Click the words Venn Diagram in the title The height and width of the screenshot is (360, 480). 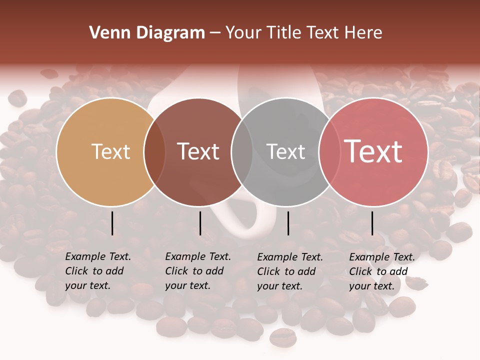pyautogui.click(x=147, y=33)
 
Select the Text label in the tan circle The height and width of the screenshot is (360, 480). pyautogui.click(x=110, y=151)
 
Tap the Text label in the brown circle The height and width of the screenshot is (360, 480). pyautogui.click(x=198, y=151)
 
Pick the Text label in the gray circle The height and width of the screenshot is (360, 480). pyautogui.click(x=285, y=151)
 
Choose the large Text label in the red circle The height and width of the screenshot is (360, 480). pyautogui.click(x=373, y=151)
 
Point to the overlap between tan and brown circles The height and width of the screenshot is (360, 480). pyautogui.click(x=154, y=151)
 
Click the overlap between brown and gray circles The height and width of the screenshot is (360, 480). pyautogui.click(x=242, y=151)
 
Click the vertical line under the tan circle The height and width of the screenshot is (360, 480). pyautogui.click(x=112, y=223)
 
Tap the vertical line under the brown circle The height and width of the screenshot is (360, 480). pyautogui.click(x=200, y=223)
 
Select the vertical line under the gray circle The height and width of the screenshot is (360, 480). pyautogui.click(x=288, y=223)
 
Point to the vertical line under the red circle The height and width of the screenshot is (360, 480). pyautogui.click(x=372, y=223)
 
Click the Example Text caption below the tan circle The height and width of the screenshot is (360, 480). pyautogui.click(x=97, y=271)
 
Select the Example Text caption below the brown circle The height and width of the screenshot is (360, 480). pyautogui.click(x=197, y=271)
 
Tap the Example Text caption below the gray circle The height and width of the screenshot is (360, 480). pyautogui.click(x=289, y=271)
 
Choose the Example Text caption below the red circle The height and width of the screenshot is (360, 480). pyautogui.click(x=381, y=271)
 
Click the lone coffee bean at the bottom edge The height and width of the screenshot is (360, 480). pyautogui.click(x=283, y=337)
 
